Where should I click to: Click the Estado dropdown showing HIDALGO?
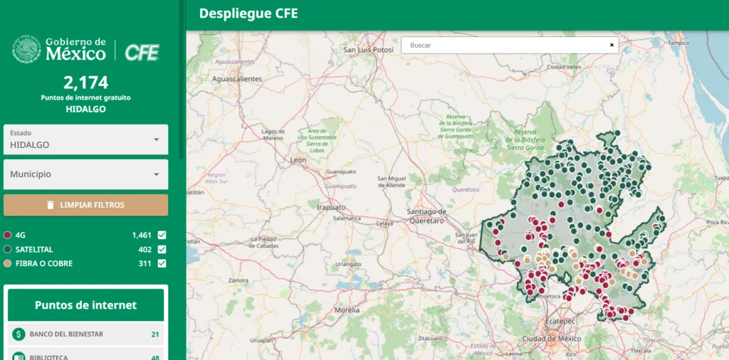coord(85,139)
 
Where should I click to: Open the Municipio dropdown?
coord(85,174)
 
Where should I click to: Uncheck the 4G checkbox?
coord(162,235)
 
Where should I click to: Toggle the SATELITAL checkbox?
coord(162,249)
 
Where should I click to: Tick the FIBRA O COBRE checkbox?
coord(162,264)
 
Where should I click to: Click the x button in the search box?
coord(612,45)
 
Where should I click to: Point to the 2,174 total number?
coord(85,83)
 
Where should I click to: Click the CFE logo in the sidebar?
coord(142,51)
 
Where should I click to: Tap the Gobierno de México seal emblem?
coord(26,50)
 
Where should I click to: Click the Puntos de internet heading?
coord(85,305)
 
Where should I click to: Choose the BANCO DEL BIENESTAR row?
coord(85,334)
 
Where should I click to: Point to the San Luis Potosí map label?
coord(368,51)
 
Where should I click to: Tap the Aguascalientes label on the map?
coord(238,79)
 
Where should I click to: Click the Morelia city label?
coord(347,310)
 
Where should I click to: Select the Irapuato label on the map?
coord(330,207)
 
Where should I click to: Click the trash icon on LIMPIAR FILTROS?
coord(50,205)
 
